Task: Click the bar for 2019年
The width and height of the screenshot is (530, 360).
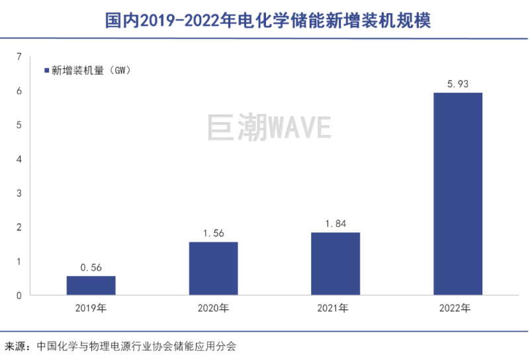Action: coord(91,285)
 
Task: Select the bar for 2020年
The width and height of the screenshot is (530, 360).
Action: coord(213,268)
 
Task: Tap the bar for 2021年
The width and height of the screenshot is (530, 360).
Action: coord(335,263)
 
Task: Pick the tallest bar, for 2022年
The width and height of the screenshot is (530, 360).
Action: coord(458,193)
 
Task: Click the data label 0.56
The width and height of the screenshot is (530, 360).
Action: coord(91,267)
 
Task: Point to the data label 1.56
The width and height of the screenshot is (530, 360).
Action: coord(213,233)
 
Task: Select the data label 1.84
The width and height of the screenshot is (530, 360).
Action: coord(335,224)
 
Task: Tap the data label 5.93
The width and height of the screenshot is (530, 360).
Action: coord(458,84)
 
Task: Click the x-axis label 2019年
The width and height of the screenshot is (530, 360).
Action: coord(91,308)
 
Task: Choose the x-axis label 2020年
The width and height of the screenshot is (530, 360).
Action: coord(213,308)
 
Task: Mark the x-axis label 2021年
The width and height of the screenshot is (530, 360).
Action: coord(335,308)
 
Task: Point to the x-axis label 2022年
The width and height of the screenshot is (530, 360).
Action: coord(458,308)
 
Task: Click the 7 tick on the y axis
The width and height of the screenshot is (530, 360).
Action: coord(19,56)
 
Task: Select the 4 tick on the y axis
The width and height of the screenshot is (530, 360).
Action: coord(19,159)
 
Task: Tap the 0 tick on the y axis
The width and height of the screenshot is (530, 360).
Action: coord(19,295)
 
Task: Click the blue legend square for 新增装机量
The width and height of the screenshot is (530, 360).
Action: coord(46,70)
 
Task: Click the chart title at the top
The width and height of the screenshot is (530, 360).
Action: coord(265,21)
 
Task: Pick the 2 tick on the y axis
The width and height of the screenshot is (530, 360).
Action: coord(19,227)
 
